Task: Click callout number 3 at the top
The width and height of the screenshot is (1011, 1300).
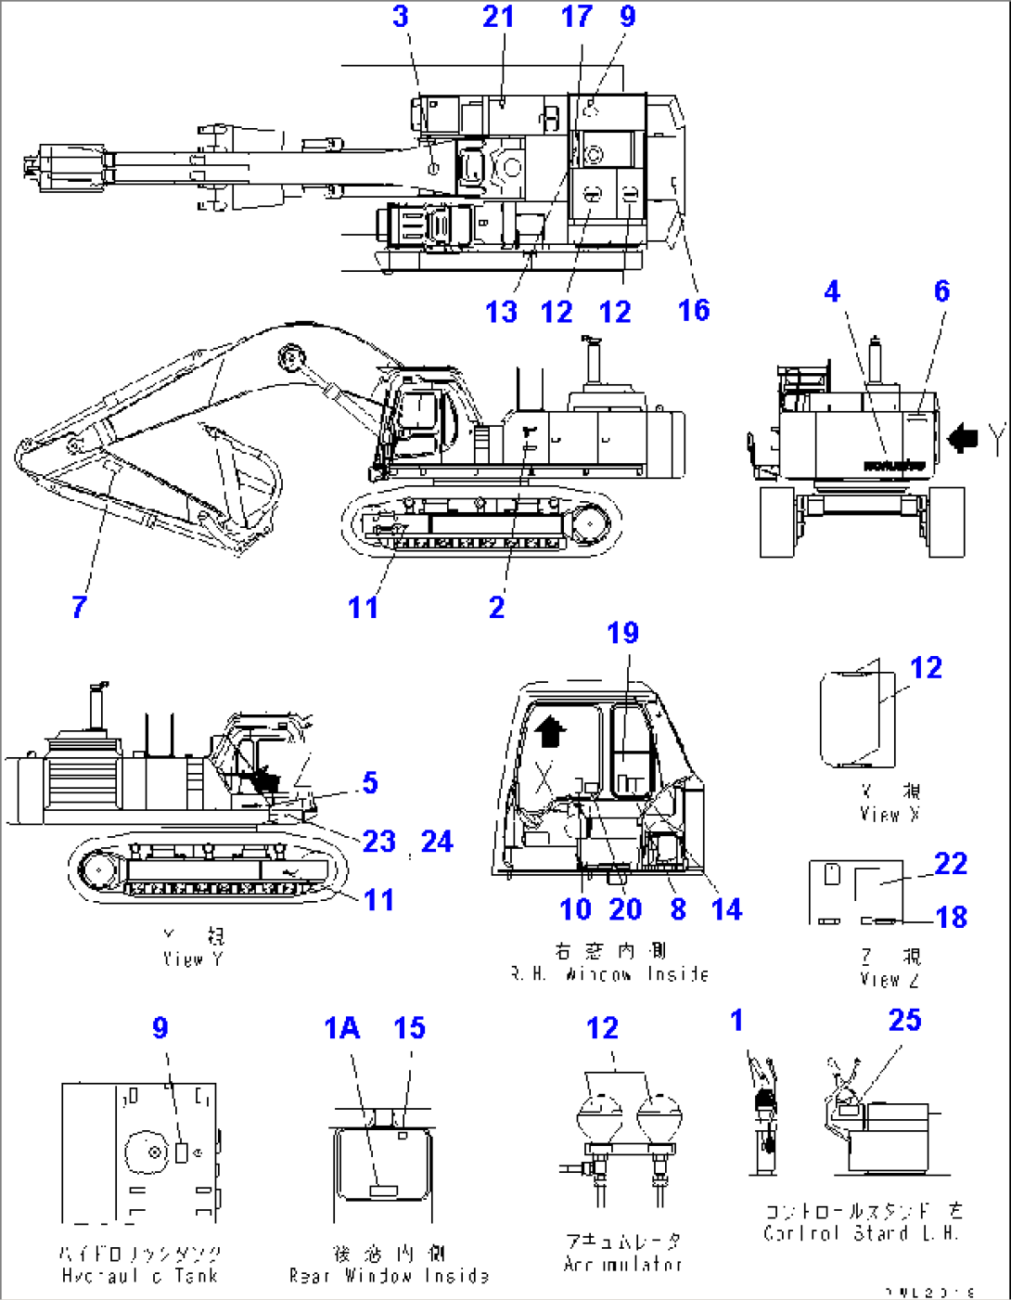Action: point(401,17)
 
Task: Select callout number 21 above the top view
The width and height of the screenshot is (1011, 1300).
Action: point(498,17)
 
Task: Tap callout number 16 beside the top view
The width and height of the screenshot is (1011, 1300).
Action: point(694,310)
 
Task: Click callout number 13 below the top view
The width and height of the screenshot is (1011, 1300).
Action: point(501,312)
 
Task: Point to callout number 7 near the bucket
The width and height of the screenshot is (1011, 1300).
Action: point(80,607)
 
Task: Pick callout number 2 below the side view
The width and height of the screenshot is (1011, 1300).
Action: point(497,607)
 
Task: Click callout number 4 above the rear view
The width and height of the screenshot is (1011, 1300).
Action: point(832,291)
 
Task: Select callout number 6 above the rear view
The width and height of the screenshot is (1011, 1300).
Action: point(941,291)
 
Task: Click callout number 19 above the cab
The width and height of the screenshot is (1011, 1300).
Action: point(622,633)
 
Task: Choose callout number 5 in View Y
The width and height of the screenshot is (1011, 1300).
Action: point(370,782)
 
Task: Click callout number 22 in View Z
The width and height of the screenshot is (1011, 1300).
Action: point(951,864)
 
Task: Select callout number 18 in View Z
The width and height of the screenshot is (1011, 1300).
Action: point(952,917)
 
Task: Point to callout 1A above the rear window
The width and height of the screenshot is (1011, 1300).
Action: point(341,1028)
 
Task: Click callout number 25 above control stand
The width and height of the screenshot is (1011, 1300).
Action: point(904,1020)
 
